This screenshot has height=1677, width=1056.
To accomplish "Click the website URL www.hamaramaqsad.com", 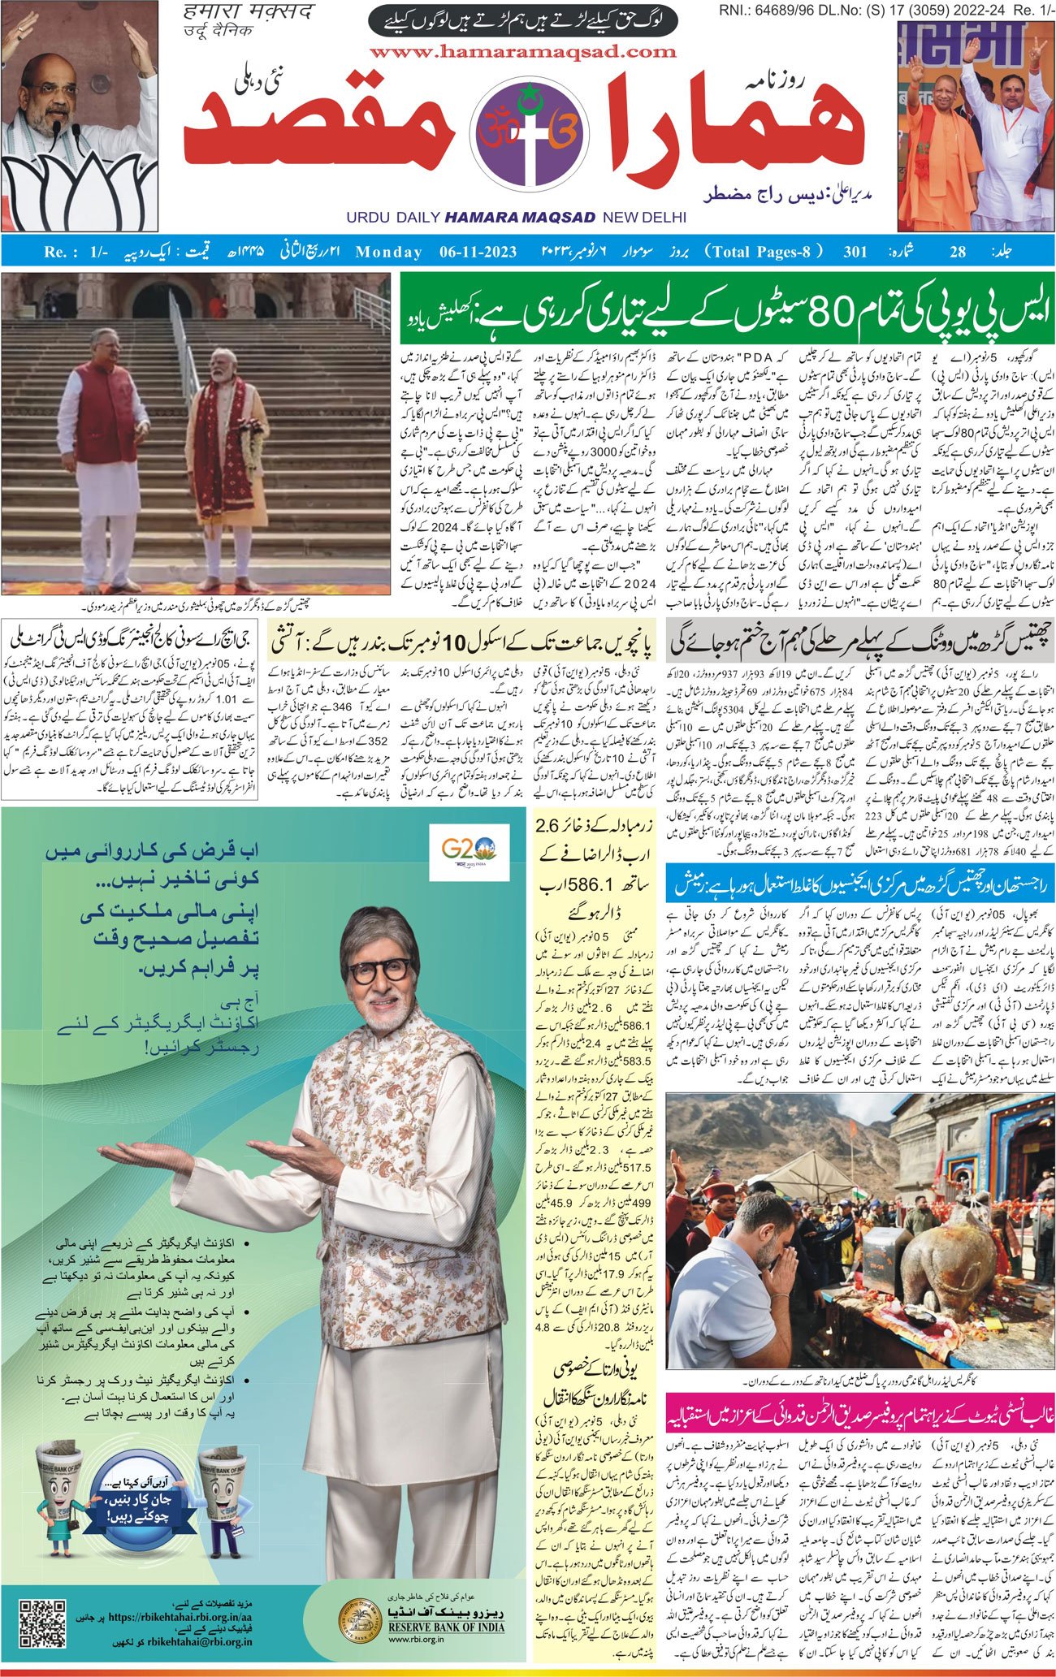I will pyautogui.click(x=522, y=52).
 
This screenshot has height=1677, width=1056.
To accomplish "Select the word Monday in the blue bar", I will pyautogui.click(x=388, y=252).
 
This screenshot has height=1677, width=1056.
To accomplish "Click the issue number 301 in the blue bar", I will pyautogui.click(x=855, y=252).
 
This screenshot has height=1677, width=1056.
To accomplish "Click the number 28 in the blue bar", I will pyautogui.click(x=958, y=252).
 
